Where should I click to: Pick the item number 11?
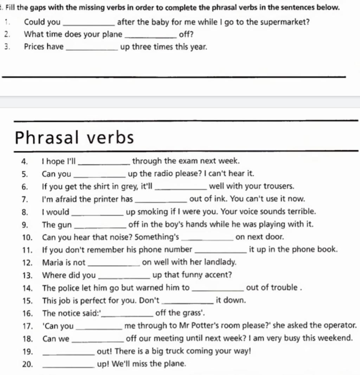(27, 250)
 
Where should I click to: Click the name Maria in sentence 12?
(53, 263)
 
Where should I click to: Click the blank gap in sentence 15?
(188, 301)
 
